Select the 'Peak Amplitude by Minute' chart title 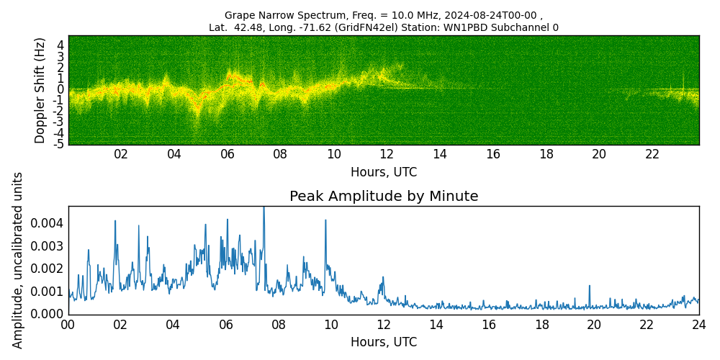(x=384, y=197)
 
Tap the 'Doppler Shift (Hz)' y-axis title (x=40, y=90)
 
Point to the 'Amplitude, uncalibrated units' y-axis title (x=18, y=260)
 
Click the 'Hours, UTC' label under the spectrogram (x=384, y=173)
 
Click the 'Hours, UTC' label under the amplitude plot (x=384, y=343)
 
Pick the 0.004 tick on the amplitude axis (x=48, y=223)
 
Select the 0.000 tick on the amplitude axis (x=48, y=314)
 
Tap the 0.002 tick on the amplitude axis (x=48, y=269)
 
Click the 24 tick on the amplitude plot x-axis (x=699, y=325)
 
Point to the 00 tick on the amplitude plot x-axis (x=68, y=325)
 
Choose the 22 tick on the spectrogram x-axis (x=652, y=154)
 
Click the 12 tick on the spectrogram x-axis (x=387, y=154)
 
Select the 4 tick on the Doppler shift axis (x=60, y=45)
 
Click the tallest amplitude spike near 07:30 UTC (x=264, y=209)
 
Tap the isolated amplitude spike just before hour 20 (x=590, y=286)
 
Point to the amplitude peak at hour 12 (x=383, y=277)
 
